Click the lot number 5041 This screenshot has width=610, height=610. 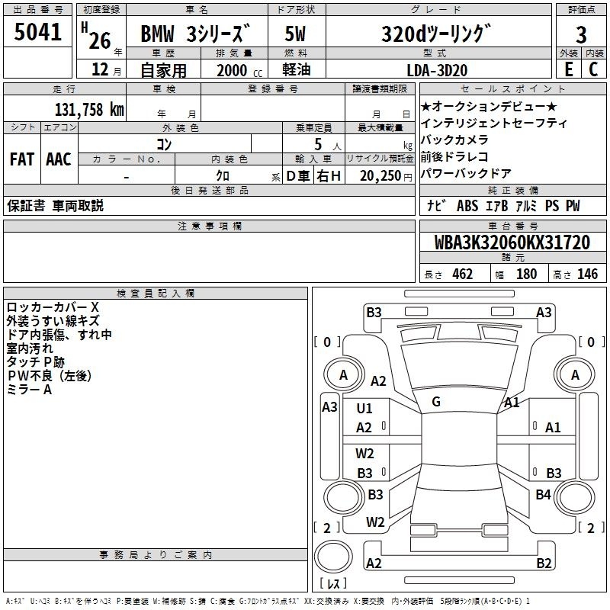point(37,32)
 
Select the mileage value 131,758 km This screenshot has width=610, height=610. point(89,109)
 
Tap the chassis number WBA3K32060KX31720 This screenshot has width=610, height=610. point(512,242)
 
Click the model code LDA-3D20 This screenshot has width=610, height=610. point(437,70)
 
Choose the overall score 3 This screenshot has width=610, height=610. point(581,35)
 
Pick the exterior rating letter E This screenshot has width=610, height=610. point(568,69)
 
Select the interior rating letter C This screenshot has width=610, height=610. point(593,69)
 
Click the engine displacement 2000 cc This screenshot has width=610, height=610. point(239,70)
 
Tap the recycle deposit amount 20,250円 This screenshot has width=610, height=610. point(386,176)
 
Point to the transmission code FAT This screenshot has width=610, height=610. point(22,159)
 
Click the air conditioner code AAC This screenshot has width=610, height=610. point(59,159)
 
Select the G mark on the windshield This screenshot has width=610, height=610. point(436,401)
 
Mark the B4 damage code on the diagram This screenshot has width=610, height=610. point(543,494)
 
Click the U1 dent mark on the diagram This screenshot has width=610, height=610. point(364,408)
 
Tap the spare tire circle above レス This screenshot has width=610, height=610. point(333,556)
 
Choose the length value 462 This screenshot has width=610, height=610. point(462,274)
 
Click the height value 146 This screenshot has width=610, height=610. point(587,274)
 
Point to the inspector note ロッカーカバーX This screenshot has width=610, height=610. point(53,307)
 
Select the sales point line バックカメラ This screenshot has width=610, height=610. point(454,140)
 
